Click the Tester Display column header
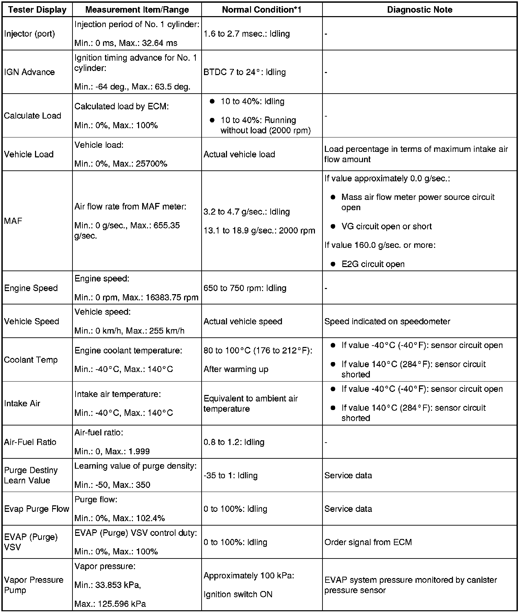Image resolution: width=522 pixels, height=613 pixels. coord(37,10)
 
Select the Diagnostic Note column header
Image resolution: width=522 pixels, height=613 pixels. coord(419,10)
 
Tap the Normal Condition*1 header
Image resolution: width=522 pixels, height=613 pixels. coord(261,10)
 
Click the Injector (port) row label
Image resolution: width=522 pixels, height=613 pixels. coord(30,34)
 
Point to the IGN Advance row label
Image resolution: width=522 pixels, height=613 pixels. coord(30,72)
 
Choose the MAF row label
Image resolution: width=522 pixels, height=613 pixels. coord(13,221)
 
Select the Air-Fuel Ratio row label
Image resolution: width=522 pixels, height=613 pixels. coord(30,442)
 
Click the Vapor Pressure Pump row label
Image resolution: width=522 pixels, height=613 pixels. coord(34,585)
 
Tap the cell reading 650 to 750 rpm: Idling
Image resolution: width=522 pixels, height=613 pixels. coord(245,288)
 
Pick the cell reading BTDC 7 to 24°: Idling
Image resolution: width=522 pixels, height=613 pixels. coord(245,72)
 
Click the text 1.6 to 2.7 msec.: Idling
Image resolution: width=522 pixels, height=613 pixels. coord(247,34)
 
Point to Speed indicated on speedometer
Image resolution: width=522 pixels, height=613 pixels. coord(387,322)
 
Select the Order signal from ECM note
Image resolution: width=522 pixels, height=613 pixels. coord(368,542)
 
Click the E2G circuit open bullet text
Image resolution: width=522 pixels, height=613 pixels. coord(373,264)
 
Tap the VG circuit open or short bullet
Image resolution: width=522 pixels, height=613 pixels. coord(386,227)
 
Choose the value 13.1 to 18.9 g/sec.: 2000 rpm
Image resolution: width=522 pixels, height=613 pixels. coord(259,231)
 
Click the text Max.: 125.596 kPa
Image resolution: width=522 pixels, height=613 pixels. coord(110,604)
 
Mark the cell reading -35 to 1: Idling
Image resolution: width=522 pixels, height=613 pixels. coord(230,476)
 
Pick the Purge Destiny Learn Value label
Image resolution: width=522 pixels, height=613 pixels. coord(31,476)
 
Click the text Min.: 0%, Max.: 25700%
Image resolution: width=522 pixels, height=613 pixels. coord(121,164)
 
